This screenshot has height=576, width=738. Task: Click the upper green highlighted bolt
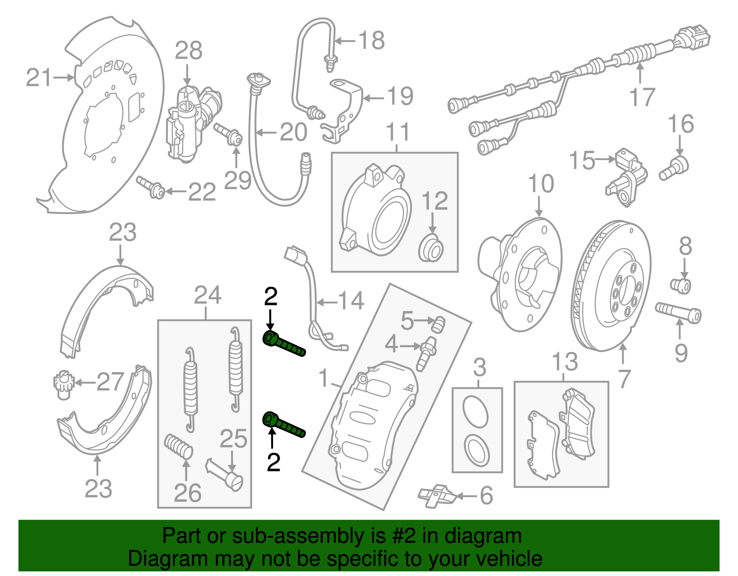(x=283, y=344)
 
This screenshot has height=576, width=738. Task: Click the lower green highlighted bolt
(x=283, y=425)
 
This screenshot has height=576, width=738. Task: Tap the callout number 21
(x=39, y=77)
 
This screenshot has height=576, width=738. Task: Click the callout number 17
(x=642, y=97)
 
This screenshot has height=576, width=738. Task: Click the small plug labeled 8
(x=681, y=285)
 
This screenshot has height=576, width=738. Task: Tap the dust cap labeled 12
(x=432, y=248)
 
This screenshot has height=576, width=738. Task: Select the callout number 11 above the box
(x=397, y=132)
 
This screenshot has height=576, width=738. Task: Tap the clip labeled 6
(x=436, y=496)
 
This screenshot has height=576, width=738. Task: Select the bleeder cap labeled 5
(x=439, y=324)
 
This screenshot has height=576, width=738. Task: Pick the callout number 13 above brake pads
(x=565, y=362)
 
